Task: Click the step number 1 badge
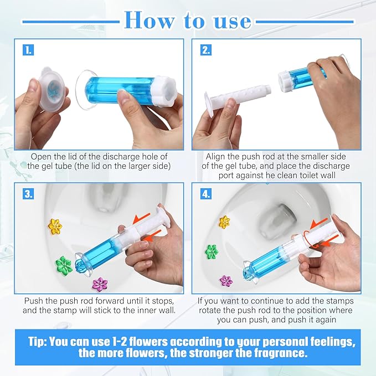[x=28, y=50]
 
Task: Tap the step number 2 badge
[x=205, y=50]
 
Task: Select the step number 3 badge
[x=28, y=194]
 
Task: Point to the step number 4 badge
[x=205, y=194]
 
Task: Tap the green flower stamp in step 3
[x=65, y=260]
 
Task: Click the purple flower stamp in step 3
[x=100, y=284]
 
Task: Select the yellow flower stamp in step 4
[x=224, y=222]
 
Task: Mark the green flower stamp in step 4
[x=212, y=252]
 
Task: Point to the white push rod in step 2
[x=238, y=97]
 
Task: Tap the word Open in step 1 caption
[x=42, y=157]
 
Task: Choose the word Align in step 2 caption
[x=216, y=157]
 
